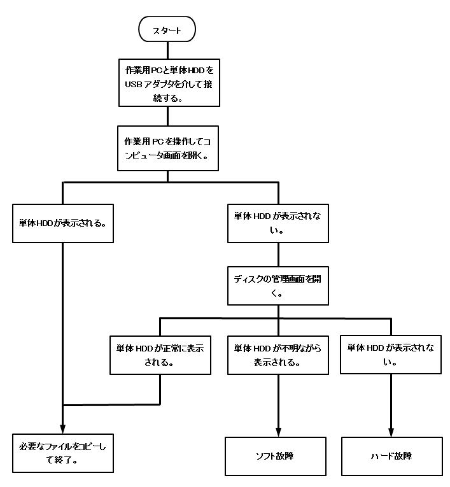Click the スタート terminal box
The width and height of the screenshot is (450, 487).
167,30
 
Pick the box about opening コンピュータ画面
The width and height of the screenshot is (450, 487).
169,147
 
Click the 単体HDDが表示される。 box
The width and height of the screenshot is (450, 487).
63,223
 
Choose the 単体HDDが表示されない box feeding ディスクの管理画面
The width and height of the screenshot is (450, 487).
278,223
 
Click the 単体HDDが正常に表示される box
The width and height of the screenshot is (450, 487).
160,355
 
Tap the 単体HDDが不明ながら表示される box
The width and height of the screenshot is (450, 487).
278,355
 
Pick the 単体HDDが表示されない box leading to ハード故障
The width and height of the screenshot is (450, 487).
391,355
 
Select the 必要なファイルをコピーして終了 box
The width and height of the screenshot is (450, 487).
63,453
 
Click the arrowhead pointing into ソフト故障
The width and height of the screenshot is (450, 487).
279,432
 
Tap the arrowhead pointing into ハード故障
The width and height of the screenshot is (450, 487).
391,432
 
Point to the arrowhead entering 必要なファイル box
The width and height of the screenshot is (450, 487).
63,428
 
